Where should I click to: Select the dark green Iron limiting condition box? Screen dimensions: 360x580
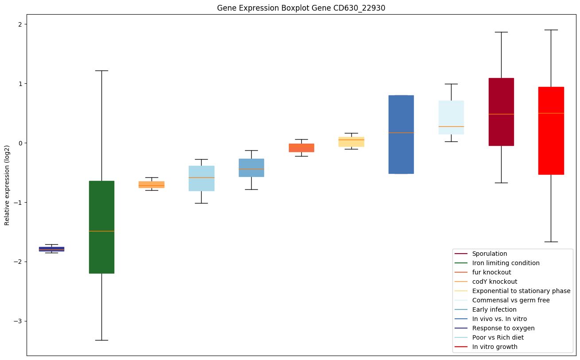(101, 227)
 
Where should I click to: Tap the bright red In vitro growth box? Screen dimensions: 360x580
(551, 131)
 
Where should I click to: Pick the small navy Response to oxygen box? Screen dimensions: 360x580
(51, 249)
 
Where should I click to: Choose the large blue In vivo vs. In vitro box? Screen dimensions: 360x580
(401, 134)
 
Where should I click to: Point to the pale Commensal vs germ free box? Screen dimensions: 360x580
(451, 117)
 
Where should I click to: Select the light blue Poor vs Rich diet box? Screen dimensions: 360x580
(201, 178)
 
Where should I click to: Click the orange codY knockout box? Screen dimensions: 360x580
(152, 184)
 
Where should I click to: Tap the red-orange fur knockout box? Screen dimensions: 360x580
(301, 148)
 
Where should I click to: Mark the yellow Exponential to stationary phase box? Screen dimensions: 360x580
(351, 142)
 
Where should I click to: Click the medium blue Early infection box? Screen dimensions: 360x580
(251, 168)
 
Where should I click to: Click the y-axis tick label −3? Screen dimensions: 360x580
(19, 321)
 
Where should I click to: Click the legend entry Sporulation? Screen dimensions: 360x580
(489, 254)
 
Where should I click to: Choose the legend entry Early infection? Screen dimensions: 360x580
(494, 309)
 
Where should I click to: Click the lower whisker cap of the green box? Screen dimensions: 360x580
(101, 340)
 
